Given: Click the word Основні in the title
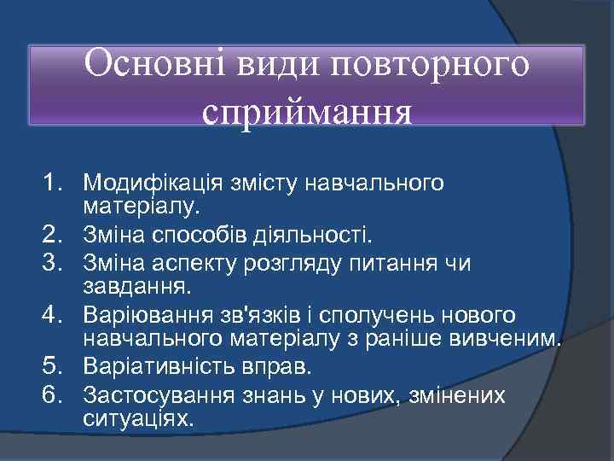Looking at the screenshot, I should (x=140, y=66).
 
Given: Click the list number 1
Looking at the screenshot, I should (x=55, y=182).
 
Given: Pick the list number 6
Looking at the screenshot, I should (x=55, y=395).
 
